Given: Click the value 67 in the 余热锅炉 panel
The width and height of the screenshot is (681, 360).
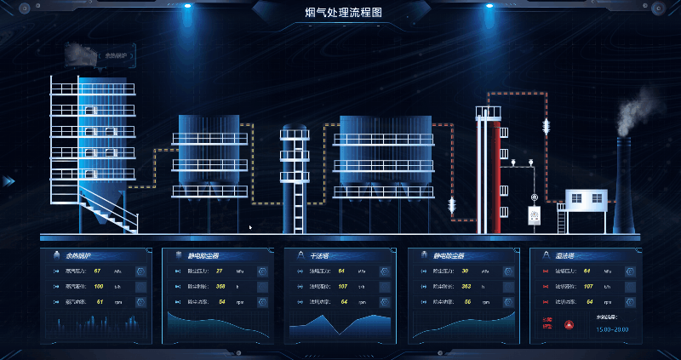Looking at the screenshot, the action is [x=98, y=271].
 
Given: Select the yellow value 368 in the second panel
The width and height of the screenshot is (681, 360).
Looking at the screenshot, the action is [x=220, y=287].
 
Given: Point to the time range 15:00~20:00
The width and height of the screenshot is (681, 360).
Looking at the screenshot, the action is [x=612, y=329].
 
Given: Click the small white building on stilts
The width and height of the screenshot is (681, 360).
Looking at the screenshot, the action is [x=586, y=201].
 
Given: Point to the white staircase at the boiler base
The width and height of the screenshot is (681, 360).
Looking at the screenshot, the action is [x=111, y=209].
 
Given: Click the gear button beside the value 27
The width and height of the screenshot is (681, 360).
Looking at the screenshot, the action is [x=262, y=271].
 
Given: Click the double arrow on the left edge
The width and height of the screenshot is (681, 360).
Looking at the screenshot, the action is [x=9, y=181].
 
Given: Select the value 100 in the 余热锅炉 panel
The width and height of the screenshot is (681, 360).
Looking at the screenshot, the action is [x=99, y=287].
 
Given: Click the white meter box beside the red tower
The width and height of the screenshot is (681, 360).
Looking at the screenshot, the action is [x=535, y=216].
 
